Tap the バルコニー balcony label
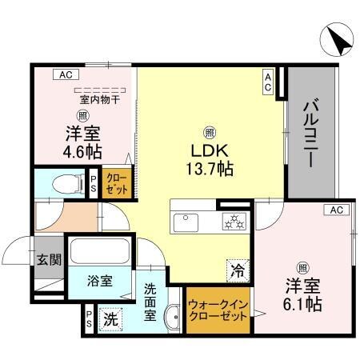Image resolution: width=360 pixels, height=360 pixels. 311,132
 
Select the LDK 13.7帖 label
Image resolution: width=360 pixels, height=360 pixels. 210,160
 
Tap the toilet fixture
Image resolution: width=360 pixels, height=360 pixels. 64,184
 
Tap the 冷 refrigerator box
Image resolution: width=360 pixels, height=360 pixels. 238,270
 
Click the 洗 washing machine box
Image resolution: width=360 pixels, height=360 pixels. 111,318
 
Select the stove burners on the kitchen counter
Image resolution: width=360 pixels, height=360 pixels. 232,221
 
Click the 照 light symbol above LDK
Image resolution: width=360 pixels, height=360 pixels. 210,132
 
